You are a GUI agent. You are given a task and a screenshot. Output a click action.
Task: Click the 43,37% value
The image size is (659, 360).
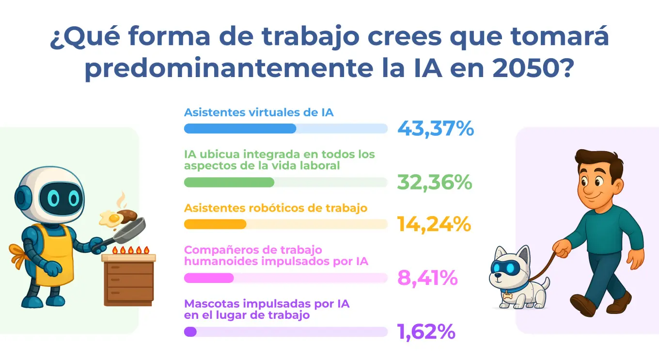point(435,129)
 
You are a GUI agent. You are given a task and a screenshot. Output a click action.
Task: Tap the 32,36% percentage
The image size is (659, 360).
point(435,182)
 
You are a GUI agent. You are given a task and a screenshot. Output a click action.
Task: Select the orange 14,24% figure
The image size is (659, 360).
point(434,224)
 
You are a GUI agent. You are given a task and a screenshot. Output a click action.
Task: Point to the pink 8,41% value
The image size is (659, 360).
point(427,278)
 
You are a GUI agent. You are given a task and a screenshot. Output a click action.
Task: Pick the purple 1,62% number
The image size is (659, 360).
point(426,332)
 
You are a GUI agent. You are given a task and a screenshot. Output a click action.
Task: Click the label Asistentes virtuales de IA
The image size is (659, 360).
point(259,112)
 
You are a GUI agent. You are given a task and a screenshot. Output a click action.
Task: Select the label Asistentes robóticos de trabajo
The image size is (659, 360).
point(276,208)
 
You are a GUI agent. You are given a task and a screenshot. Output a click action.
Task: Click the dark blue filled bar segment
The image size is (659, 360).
point(240,128)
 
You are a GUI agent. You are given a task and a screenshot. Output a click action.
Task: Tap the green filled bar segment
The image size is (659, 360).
point(229,182)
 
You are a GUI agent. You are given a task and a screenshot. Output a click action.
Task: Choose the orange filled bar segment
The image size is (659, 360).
point(215,224)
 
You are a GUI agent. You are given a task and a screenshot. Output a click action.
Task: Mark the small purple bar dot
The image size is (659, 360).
point(190,332)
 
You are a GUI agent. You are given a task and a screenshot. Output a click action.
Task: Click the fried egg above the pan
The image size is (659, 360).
point(110,219)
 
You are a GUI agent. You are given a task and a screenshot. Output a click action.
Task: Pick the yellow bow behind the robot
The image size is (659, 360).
point(17,254)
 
